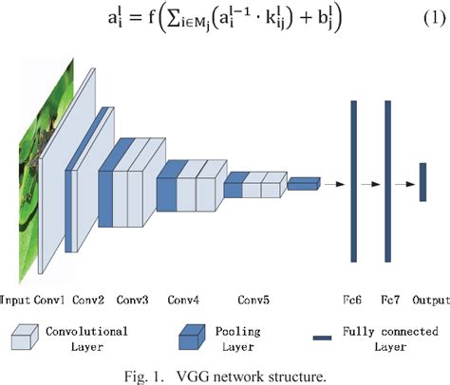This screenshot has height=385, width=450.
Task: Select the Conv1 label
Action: tap(50, 301)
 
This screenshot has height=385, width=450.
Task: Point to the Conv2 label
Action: tap(90, 301)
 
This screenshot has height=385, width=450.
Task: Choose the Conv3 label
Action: tap(133, 301)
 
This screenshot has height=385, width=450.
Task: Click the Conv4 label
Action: tap(183, 301)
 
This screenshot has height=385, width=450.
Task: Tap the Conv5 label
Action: tap(253, 301)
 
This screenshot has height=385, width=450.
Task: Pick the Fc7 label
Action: tap(389, 301)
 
